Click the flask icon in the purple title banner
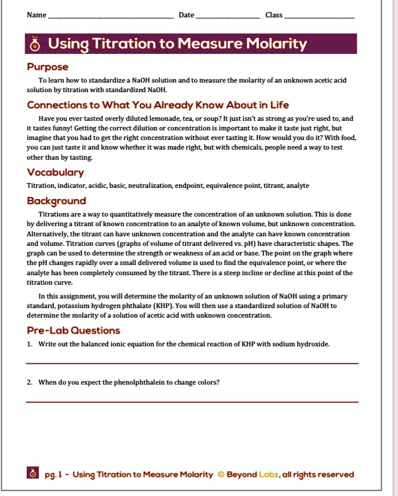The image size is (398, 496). (x=35, y=44)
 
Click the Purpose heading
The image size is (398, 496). (x=48, y=67)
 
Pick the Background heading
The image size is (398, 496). (x=57, y=201)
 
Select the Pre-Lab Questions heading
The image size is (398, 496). (x=74, y=331)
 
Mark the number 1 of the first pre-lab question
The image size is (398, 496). (x=29, y=344)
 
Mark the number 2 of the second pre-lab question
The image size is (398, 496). (x=29, y=382)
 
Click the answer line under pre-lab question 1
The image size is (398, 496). (x=192, y=363)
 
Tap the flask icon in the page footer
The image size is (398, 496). (x=34, y=474)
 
